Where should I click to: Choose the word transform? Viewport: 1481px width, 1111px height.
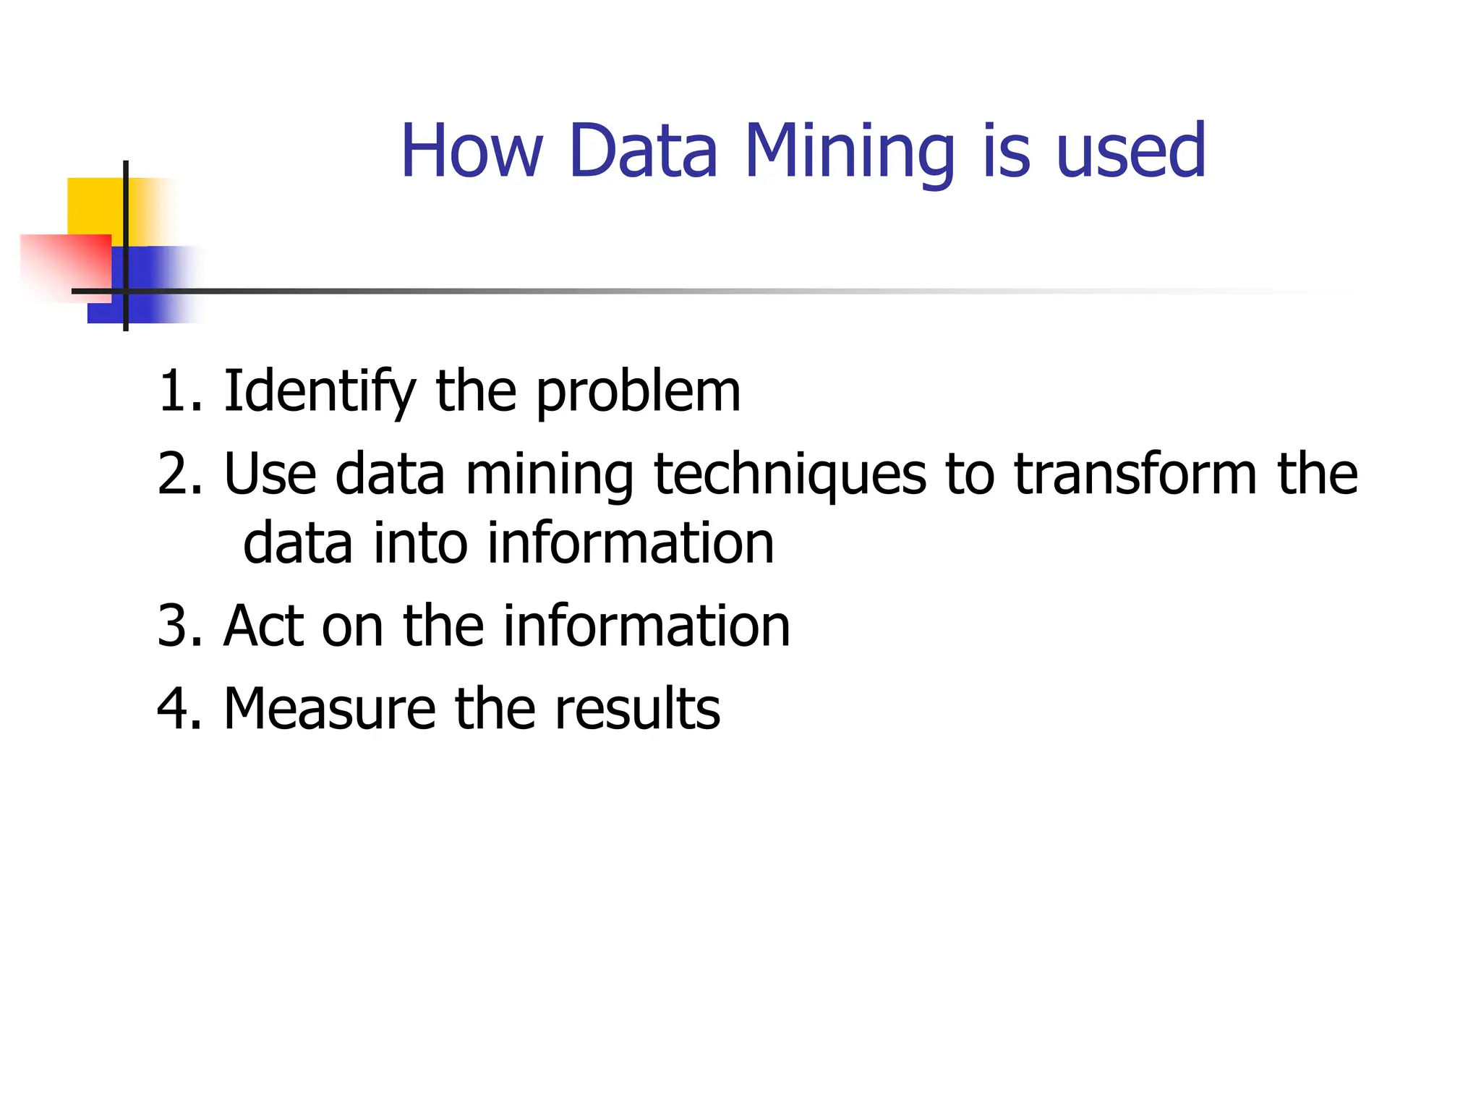(x=1135, y=474)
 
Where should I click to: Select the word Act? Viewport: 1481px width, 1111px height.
(x=264, y=626)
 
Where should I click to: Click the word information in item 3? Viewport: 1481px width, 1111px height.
(x=646, y=626)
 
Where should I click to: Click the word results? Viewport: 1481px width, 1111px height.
(x=637, y=709)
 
